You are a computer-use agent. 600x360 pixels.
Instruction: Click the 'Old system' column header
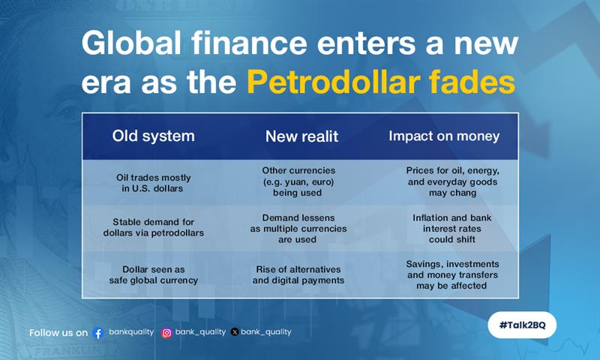[154, 136]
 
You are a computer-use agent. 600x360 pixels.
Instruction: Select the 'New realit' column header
[302, 136]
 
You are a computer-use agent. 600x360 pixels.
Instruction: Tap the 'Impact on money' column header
[444, 136]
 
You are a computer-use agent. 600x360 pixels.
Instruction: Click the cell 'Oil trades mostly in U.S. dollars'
[153, 183]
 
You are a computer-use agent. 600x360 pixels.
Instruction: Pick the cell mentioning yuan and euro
[298, 181]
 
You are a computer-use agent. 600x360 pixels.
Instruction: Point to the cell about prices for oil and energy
[453, 181]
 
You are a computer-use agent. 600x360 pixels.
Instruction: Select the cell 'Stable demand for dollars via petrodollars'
[154, 227]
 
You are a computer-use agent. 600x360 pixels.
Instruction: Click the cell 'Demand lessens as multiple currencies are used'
[298, 229]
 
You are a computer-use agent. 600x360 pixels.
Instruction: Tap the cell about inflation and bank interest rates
[452, 229]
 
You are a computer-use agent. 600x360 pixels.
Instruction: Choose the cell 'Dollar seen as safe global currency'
[154, 274]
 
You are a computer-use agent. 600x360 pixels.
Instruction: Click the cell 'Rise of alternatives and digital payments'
[298, 274]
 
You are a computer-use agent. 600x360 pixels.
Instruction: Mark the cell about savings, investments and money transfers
[452, 274]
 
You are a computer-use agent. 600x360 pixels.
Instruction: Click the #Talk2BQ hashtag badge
[522, 325]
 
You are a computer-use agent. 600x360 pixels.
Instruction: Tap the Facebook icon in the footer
[98, 333]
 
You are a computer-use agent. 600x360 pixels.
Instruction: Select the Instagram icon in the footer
[166, 333]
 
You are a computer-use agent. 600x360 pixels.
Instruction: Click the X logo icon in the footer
[235, 332]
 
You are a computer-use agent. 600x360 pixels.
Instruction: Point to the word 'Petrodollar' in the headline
[333, 82]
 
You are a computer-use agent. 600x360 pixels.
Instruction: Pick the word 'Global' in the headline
[131, 43]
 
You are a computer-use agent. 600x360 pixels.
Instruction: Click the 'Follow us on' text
[58, 333]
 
